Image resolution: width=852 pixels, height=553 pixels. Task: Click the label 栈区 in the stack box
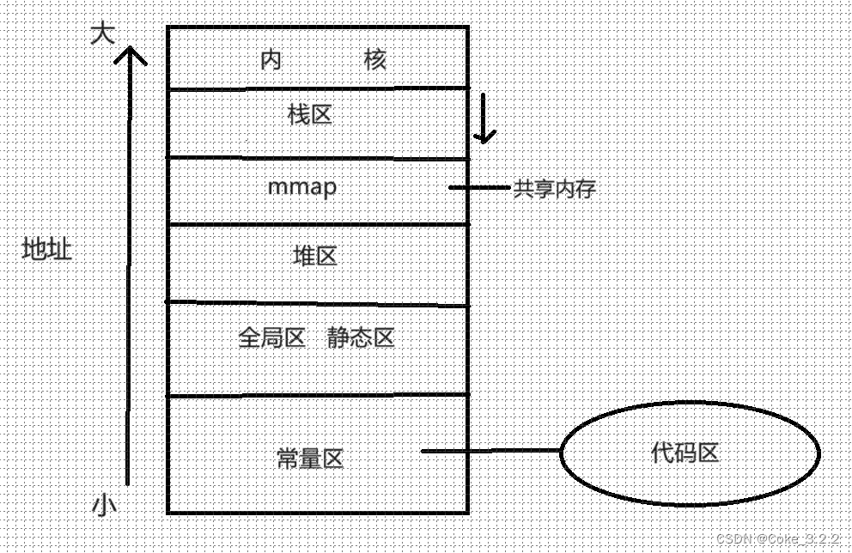tap(310, 114)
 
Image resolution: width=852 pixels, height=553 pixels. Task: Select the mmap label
tap(302, 187)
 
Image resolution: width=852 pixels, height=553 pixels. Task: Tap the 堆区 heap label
tap(314, 256)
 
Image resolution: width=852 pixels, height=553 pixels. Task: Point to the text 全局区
tap(271, 337)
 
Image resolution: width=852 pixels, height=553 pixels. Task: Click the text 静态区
tap(360, 337)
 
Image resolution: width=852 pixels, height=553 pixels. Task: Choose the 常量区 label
tap(310, 459)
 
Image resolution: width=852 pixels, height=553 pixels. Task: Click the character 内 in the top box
tap(271, 60)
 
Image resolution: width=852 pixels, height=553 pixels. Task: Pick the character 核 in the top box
tap(375, 60)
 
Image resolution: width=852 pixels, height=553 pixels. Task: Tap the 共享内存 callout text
tap(554, 189)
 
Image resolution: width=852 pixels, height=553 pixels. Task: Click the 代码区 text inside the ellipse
tap(685, 453)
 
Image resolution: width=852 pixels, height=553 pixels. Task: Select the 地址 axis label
tap(46, 250)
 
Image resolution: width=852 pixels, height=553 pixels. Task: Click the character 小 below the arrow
tap(104, 506)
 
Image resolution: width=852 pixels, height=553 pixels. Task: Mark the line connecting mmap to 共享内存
tap(479, 187)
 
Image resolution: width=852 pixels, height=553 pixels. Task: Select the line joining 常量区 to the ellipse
tap(490, 451)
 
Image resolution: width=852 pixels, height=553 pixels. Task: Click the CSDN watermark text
tap(778, 537)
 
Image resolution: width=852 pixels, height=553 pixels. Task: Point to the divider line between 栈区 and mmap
tap(318, 158)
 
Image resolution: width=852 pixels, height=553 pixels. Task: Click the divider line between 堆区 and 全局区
tap(318, 302)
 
